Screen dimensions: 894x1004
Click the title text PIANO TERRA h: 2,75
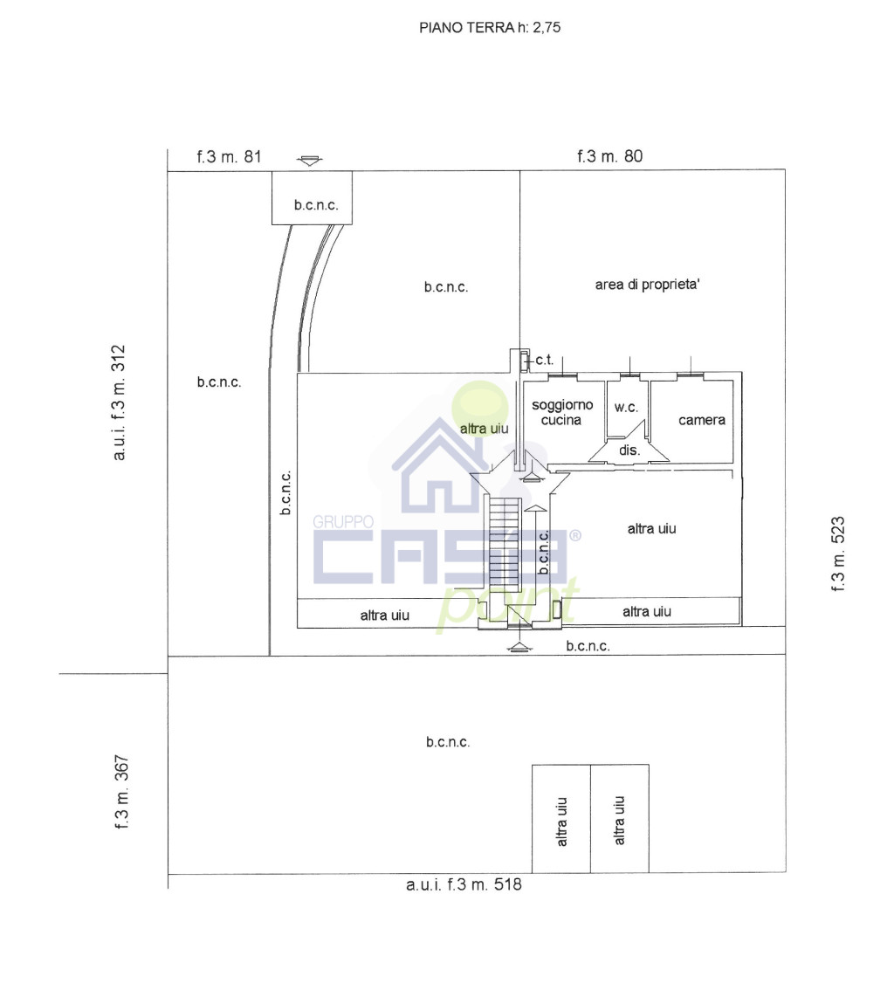[x=490, y=28]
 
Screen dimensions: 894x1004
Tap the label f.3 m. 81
[x=230, y=157]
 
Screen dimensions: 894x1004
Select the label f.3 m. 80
[x=609, y=156]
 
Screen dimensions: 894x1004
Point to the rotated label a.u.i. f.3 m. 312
[x=119, y=402]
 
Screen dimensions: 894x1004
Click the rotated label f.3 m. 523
[x=837, y=554]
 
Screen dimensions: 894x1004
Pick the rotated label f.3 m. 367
[x=121, y=792]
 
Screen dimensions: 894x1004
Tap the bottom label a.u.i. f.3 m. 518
[x=464, y=884]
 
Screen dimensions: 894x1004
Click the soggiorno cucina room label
[x=562, y=412]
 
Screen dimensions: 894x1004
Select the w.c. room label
[x=626, y=407]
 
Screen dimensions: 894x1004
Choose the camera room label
[x=702, y=420]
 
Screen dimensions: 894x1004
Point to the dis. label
[x=629, y=450]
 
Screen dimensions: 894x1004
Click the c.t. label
[x=544, y=360]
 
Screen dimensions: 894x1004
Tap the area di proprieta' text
[x=648, y=285]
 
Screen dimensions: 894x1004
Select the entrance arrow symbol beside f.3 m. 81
[x=310, y=161]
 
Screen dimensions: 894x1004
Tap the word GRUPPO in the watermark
[x=343, y=522]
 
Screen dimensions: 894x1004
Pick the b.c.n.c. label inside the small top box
[x=316, y=205]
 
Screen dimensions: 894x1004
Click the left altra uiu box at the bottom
[x=561, y=819]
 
